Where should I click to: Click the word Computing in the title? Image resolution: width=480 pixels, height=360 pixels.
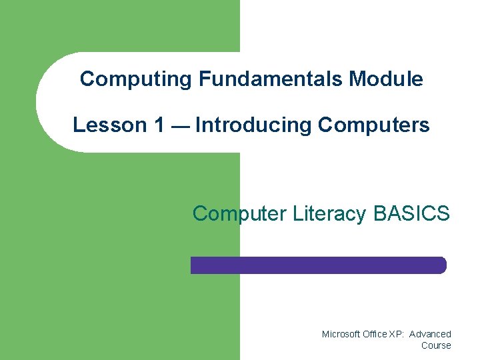click(x=135, y=79)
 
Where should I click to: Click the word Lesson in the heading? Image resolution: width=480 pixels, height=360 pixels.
click(x=110, y=125)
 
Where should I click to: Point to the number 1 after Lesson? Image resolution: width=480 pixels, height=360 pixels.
click(x=159, y=125)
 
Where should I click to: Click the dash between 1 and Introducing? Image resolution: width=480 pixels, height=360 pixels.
click(x=181, y=127)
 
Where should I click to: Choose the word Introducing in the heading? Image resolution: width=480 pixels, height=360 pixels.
click(x=253, y=125)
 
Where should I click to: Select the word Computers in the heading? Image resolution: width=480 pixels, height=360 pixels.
click(x=373, y=125)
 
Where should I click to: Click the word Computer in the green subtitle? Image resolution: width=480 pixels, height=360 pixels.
click(x=239, y=214)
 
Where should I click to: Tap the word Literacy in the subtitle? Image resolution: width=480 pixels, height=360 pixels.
click(x=329, y=214)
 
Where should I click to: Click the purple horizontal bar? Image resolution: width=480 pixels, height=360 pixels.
click(x=319, y=265)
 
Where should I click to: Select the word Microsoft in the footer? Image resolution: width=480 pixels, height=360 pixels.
click(x=341, y=334)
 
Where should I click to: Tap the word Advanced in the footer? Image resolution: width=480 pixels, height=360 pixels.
click(x=430, y=334)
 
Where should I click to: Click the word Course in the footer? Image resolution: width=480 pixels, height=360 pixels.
click(x=436, y=345)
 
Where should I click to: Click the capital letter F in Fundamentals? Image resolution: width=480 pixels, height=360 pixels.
click(x=205, y=79)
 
